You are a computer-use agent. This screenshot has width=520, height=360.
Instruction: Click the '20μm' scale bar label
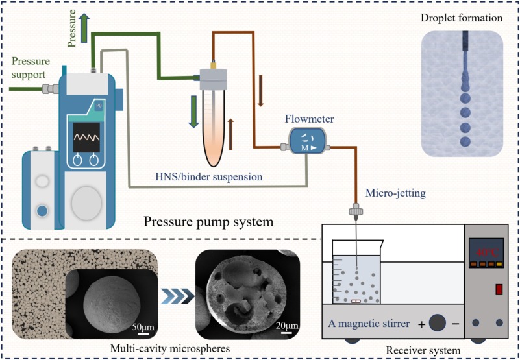[286, 325]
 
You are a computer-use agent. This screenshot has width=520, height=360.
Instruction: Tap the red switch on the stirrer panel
[498, 288]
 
